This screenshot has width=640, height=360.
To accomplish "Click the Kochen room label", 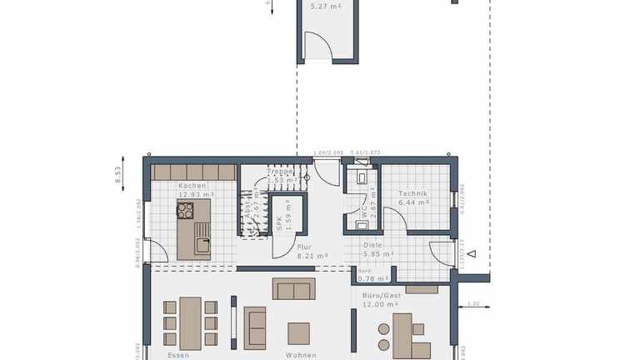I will coord(192,186).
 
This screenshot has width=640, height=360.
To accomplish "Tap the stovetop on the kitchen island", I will coord(185,208).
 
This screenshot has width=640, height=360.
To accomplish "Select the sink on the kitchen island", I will coord(202,243).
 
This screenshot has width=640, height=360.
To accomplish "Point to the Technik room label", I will coord(412,193).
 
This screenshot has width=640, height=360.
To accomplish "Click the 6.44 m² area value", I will coord(413,202).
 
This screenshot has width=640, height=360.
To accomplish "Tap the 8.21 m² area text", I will coord(312,257).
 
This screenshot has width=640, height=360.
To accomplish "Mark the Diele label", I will coord(372,245).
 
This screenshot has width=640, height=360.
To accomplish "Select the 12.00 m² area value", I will coord(378,304).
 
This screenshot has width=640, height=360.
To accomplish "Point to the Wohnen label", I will coord(300,355).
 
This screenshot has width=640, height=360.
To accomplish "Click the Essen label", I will coord(178,355).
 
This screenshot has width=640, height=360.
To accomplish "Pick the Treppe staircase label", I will coord(279,171).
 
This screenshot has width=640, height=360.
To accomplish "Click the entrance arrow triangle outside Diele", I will coord(471,254).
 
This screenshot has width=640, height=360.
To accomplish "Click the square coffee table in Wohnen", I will coord(298,332).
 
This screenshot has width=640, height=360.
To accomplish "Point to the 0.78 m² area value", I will coord(376,278).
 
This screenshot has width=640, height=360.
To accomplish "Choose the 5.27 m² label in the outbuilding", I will coord(325,6).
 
